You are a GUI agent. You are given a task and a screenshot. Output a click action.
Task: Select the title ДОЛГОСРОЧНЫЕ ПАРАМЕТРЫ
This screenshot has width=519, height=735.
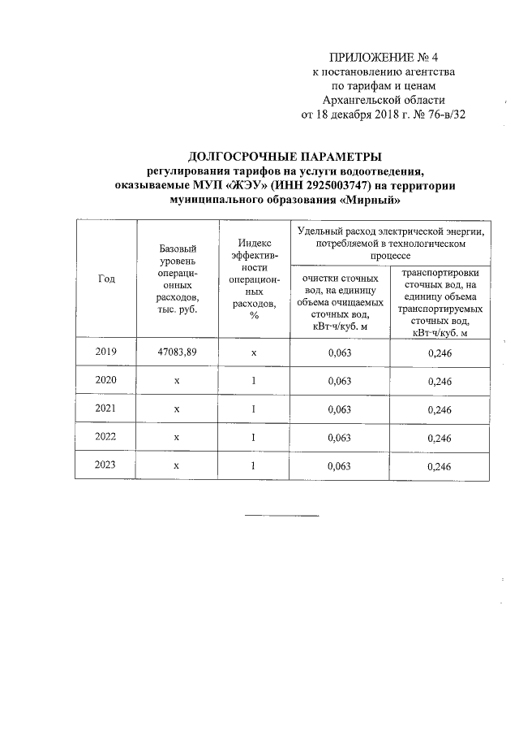pos(285,157)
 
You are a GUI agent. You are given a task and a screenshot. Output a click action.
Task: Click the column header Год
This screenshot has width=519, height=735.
pos(106,279)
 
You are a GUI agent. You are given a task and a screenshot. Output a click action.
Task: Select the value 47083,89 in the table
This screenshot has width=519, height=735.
pos(177,352)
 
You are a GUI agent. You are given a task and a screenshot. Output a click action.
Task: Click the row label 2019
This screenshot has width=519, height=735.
pos(106,352)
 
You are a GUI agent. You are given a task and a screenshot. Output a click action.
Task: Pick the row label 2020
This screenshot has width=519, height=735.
pos(106,380)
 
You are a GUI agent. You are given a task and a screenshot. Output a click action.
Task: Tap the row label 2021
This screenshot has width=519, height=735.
pos(106,409)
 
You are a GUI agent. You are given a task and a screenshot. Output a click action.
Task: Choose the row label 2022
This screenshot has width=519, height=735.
pos(106,437)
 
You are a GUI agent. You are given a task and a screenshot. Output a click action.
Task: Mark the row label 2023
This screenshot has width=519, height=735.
pos(106,465)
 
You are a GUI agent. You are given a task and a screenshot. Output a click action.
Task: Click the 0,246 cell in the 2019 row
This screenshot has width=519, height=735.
pos(440,352)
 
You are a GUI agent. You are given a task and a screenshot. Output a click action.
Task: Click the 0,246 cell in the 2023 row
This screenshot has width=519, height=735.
pos(440,466)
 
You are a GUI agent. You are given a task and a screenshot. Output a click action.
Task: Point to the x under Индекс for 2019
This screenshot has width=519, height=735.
pos(254,352)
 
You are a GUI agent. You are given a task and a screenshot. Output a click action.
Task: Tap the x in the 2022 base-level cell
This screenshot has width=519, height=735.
pos(176,438)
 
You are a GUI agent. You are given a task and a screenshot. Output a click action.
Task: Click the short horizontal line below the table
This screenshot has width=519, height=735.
pos(282,515)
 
